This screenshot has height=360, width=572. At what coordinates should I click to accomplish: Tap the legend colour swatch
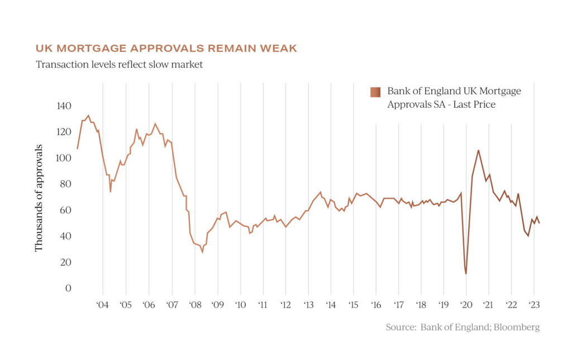(x=375, y=92)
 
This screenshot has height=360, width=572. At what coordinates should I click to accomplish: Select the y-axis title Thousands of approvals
(x=39, y=198)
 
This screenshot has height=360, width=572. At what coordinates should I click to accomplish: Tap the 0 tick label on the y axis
(x=68, y=289)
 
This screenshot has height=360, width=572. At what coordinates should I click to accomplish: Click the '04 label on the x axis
(x=103, y=305)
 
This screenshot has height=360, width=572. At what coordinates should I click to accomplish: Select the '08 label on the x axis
(x=194, y=305)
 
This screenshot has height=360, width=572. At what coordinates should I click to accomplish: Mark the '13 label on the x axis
(x=308, y=305)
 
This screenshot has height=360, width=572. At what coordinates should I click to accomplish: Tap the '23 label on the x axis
(x=533, y=305)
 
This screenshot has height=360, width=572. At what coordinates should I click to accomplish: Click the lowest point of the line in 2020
(x=466, y=273)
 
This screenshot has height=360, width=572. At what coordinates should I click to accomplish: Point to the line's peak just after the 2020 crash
(x=478, y=150)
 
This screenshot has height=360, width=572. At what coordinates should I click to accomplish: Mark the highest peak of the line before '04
(x=88, y=116)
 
